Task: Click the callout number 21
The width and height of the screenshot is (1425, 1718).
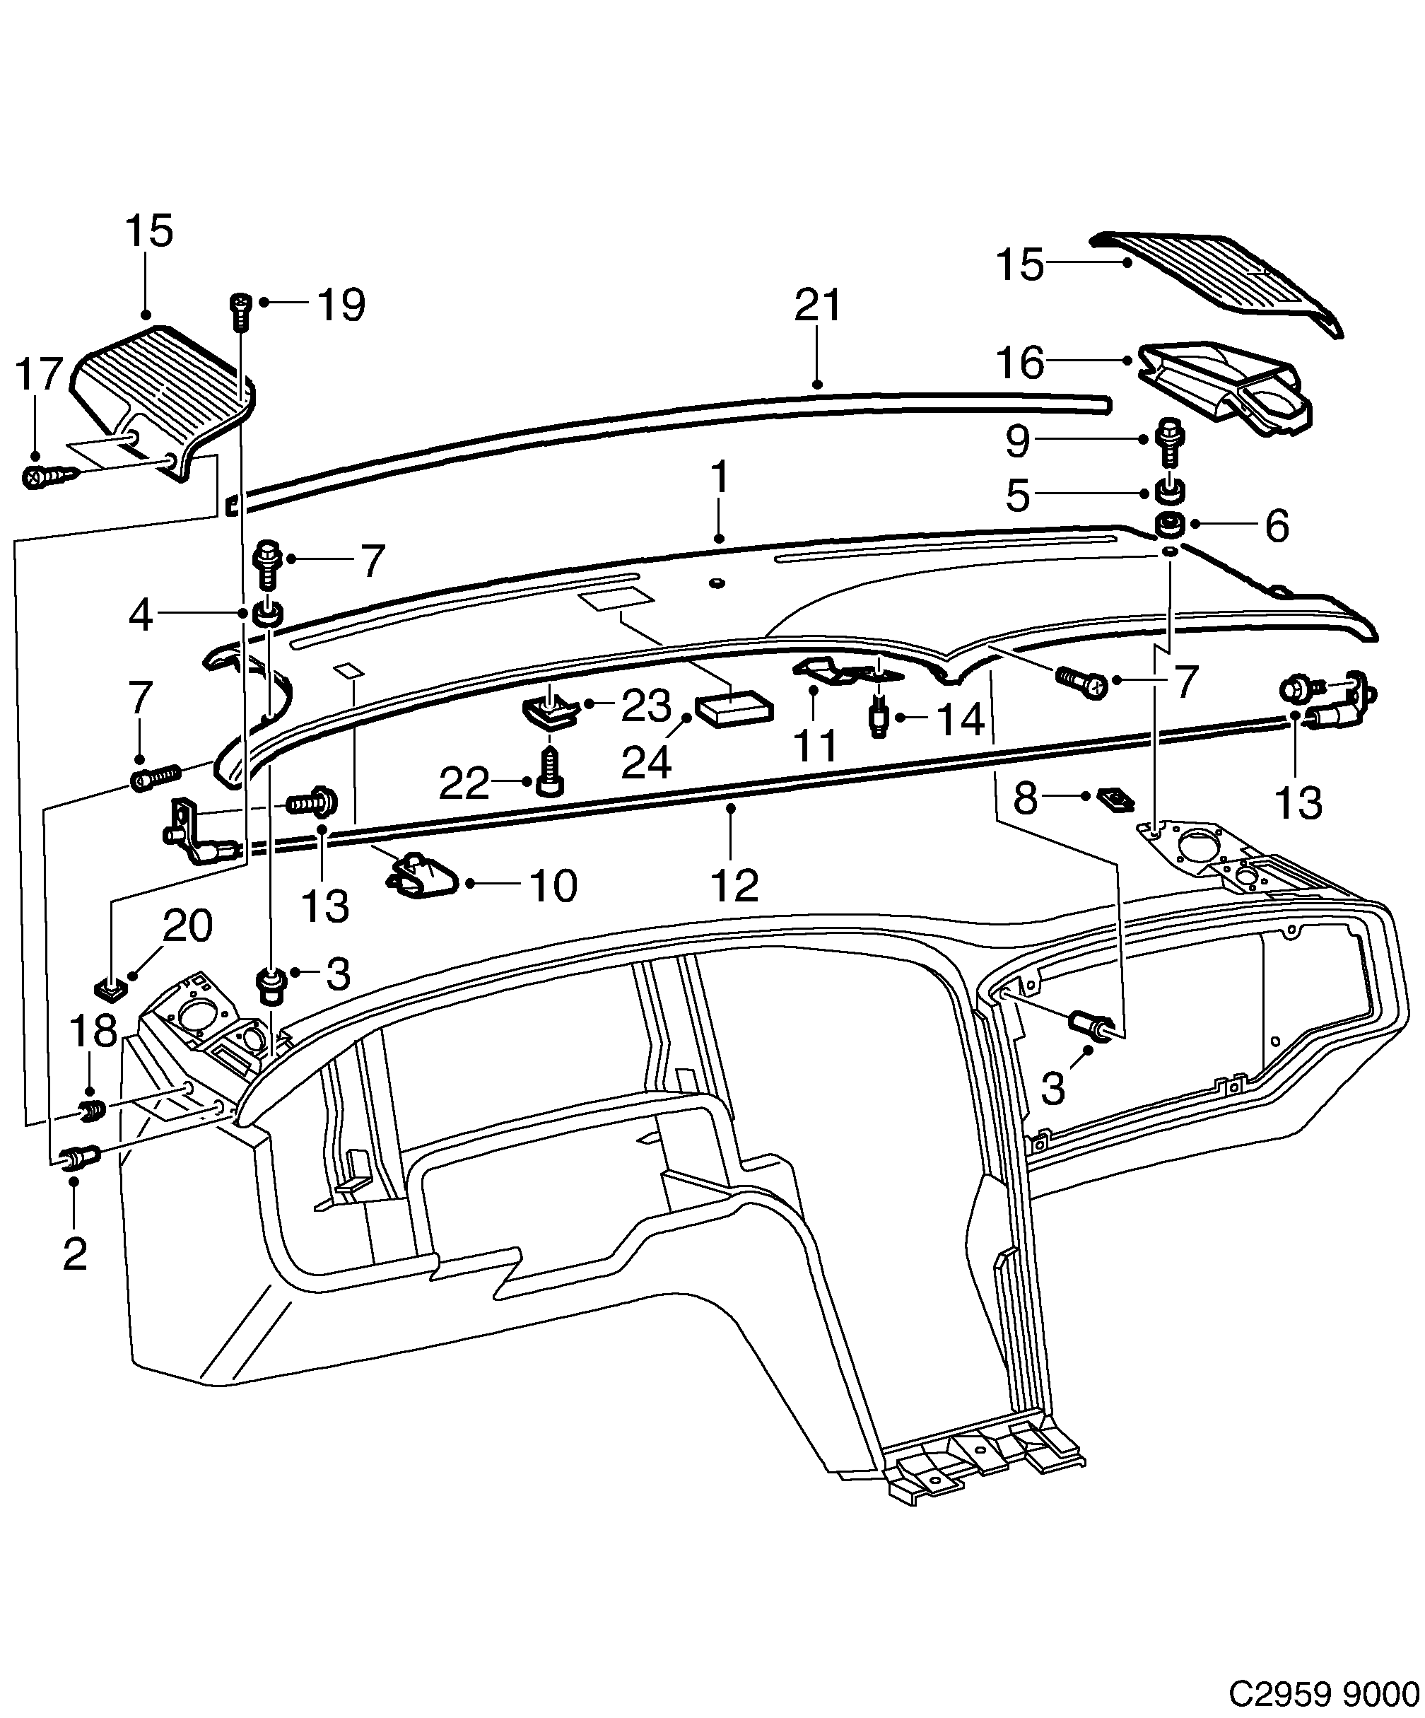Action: (x=818, y=307)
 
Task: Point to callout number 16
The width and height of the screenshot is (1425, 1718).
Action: (x=1019, y=363)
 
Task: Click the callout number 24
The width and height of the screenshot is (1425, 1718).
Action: (x=646, y=762)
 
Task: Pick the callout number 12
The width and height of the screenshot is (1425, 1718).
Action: (x=734, y=884)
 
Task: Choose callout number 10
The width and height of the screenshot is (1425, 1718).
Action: (x=553, y=885)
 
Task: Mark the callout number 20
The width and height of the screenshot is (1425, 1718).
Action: (x=187, y=926)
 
